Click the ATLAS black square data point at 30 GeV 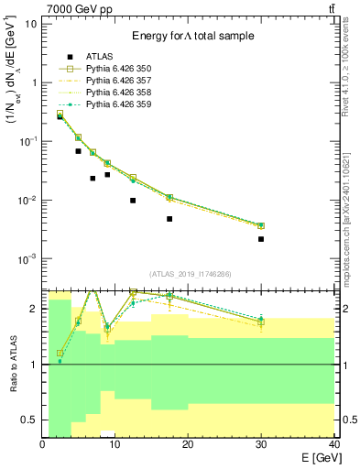click(x=261, y=239)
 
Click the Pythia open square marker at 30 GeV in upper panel click(x=261, y=225)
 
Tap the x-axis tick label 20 click(x=188, y=444)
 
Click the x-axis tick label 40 click(x=333, y=444)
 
